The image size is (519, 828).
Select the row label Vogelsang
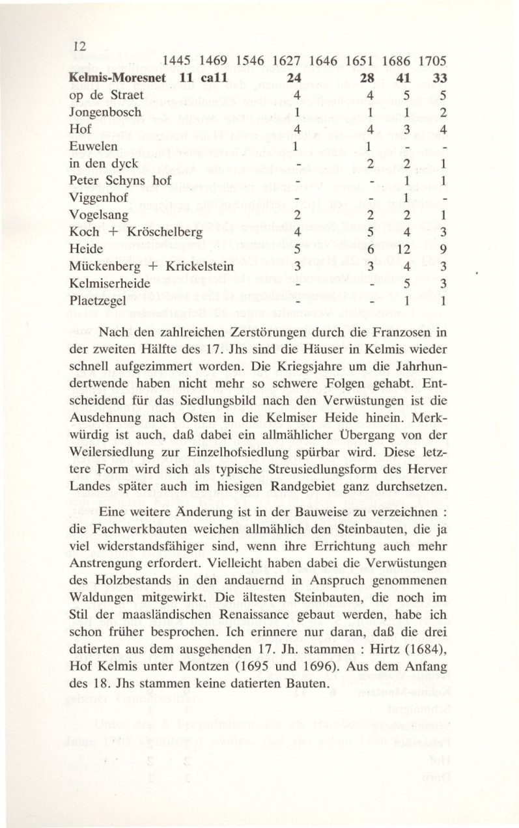coord(100,214)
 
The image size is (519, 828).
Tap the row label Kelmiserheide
coord(111,284)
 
